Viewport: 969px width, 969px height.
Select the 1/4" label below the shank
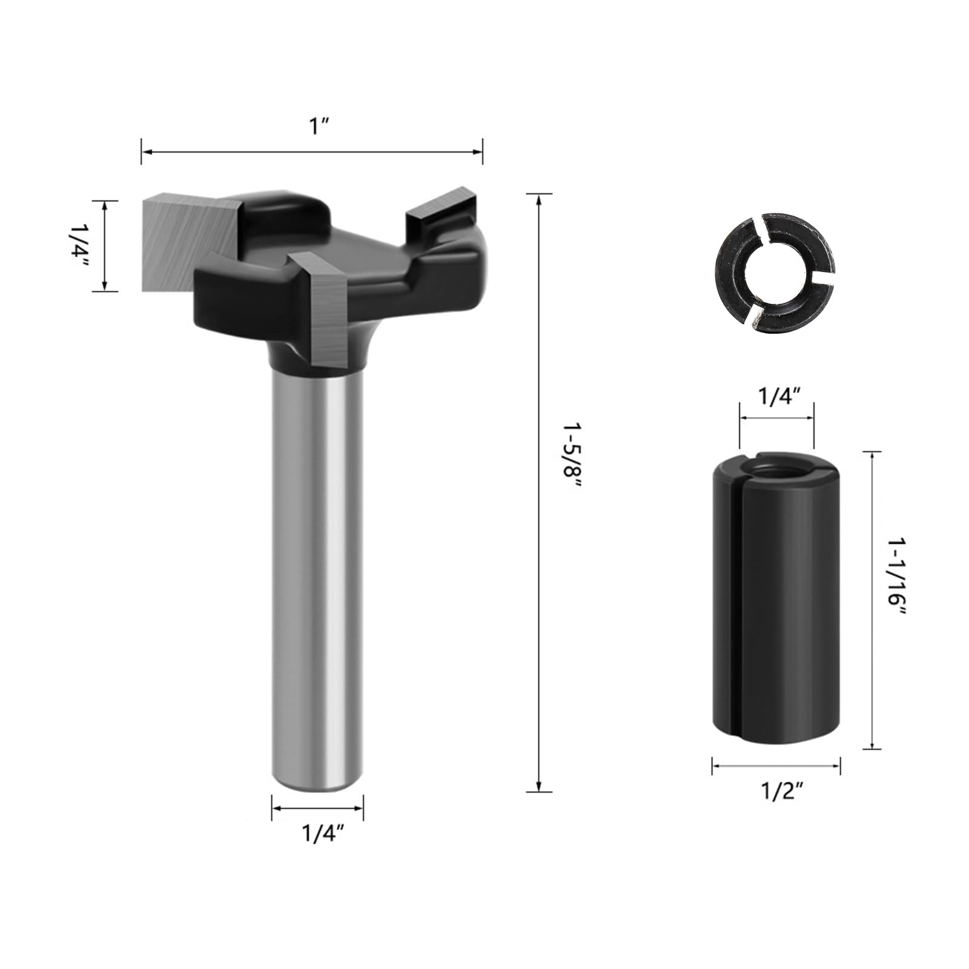click(x=323, y=835)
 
